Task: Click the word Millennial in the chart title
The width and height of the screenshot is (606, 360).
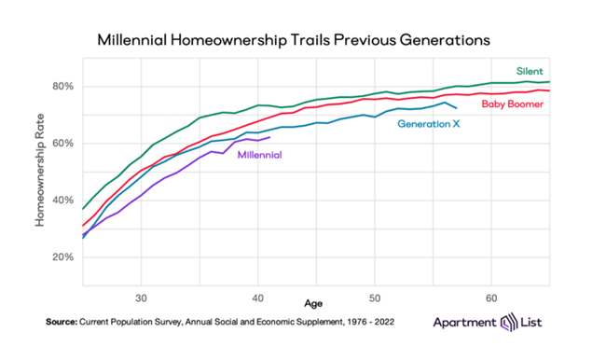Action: click(x=131, y=40)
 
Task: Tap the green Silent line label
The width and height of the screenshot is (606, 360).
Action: click(x=530, y=71)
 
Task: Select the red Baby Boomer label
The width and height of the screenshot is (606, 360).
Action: click(x=513, y=104)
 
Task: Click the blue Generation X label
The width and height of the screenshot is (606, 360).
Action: click(x=429, y=124)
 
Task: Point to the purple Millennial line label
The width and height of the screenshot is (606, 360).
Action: click(x=259, y=155)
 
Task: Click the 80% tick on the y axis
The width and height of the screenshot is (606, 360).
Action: click(x=63, y=86)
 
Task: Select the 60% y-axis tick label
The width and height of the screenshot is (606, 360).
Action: click(x=63, y=144)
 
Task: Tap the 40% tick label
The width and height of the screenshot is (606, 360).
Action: click(x=63, y=201)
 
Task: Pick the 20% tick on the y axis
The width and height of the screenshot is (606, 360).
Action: click(x=63, y=257)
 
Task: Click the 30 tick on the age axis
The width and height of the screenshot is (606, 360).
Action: click(x=141, y=298)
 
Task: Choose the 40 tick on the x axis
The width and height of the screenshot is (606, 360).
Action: click(x=257, y=298)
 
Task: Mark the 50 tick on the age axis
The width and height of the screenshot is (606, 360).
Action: click(x=375, y=298)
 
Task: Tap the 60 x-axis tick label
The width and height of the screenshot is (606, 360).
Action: click(x=491, y=298)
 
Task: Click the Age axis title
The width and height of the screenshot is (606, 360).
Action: click(x=313, y=304)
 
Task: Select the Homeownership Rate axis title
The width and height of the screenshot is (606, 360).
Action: click(x=40, y=170)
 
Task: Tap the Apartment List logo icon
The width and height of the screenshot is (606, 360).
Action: click(x=509, y=322)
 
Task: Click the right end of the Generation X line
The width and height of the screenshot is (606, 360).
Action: click(x=457, y=108)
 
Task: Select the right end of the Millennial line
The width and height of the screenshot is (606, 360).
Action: click(x=269, y=137)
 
